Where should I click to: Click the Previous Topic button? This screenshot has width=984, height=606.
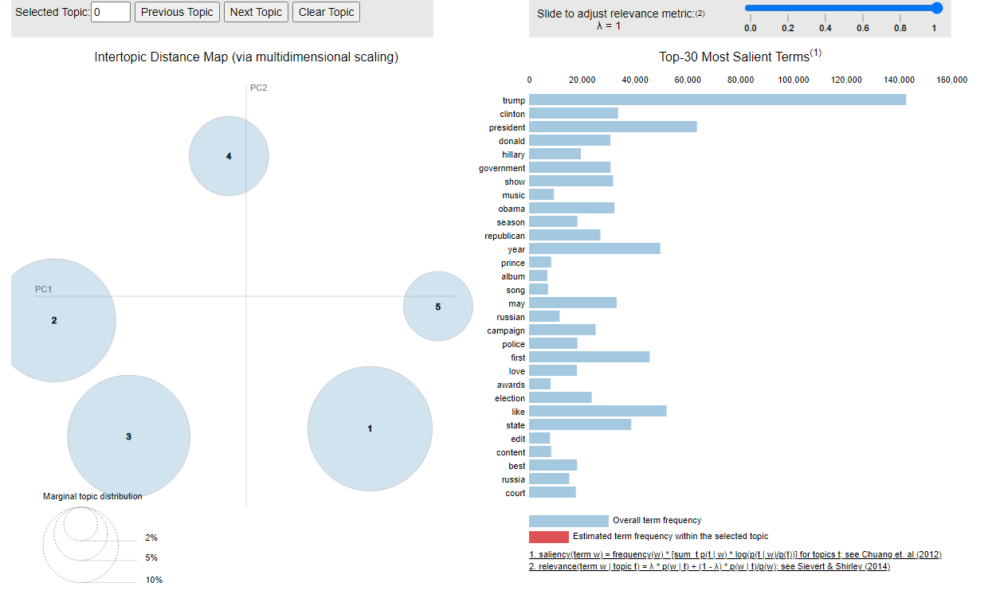[177, 12]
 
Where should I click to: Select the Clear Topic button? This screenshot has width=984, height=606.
[327, 12]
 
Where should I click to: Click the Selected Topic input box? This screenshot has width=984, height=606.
[111, 12]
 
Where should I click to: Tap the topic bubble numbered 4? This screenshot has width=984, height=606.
[229, 156]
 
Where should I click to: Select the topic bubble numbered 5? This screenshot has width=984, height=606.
[437, 307]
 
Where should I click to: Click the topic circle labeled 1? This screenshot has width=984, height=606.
[370, 429]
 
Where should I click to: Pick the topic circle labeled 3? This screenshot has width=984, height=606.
[128, 436]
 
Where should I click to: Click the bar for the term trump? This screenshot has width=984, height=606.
[717, 100]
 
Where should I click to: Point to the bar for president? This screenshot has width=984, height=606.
[613, 127]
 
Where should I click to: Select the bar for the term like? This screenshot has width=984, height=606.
[598, 412]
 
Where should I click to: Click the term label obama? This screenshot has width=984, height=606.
[512, 209]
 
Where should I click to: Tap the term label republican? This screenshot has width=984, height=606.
[505, 236]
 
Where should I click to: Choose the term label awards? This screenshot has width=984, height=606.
[511, 385]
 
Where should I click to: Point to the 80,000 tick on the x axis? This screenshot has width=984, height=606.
[741, 80]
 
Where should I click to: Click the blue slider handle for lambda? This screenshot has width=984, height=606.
[937, 8]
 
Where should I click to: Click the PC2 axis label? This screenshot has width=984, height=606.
[259, 88]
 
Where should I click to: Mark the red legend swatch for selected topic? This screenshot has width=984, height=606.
[548, 537]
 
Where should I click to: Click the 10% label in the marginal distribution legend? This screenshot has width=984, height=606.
[154, 580]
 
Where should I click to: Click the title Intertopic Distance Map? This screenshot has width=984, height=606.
[246, 57]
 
